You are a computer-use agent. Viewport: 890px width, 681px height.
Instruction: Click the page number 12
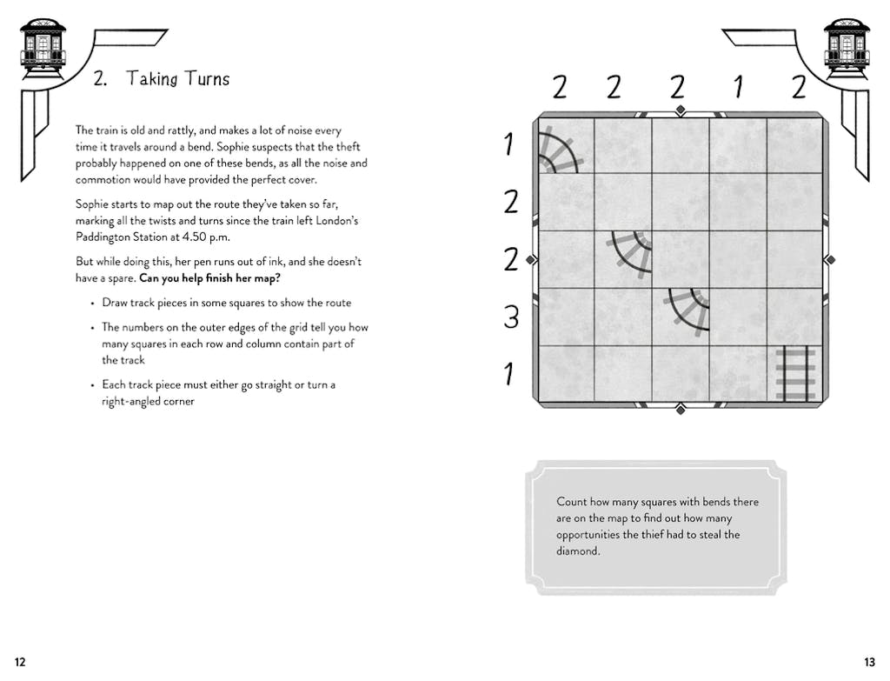pyautogui.click(x=20, y=662)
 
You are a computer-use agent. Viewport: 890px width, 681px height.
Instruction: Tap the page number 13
pyautogui.click(x=869, y=662)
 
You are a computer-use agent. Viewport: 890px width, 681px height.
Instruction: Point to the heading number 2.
pyautogui.click(x=100, y=79)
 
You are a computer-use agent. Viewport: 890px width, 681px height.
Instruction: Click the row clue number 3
pyautogui.click(x=511, y=317)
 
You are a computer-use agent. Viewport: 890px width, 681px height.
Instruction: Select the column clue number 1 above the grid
pyautogui.click(x=738, y=87)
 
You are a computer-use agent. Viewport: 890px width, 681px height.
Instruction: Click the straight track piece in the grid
pyautogui.click(x=794, y=374)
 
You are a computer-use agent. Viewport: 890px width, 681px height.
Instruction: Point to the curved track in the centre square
pyautogui.click(x=632, y=253)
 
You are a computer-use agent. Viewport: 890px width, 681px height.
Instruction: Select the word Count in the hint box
pyautogui.click(x=572, y=502)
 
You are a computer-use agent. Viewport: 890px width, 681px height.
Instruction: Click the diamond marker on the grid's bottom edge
pyautogui.click(x=681, y=409)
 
